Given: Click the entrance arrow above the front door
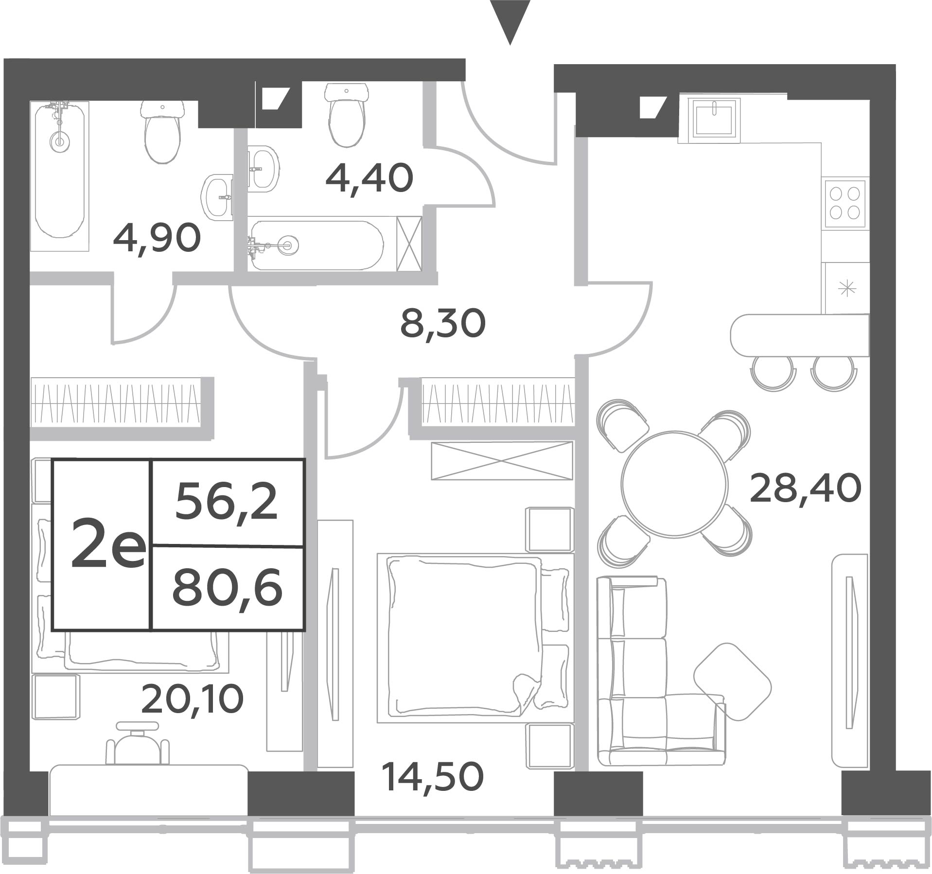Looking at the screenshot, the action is point(510,22).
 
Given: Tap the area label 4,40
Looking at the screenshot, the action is point(369,178).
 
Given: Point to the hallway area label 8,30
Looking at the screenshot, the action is point(442,324).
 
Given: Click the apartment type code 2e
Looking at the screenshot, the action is point(107,542).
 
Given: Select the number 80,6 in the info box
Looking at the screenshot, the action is point(227,588).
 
